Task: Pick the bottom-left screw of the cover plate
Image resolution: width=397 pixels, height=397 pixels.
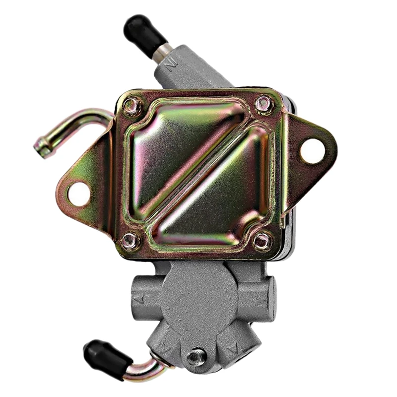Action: point(131,240)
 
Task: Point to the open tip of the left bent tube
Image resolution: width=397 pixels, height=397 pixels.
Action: point(41,146)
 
